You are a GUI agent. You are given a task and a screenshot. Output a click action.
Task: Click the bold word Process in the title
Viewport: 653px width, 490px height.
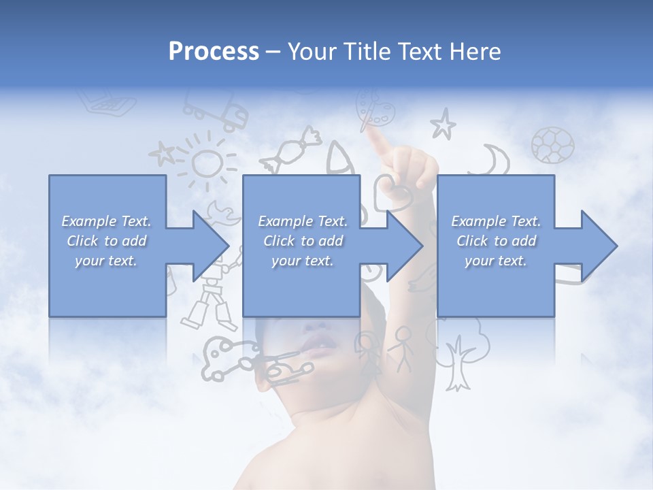click(x=214, y=51)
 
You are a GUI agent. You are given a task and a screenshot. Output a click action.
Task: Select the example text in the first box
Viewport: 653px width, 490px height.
click(x=107, y=241)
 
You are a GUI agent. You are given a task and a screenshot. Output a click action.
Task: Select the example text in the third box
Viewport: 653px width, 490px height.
click(x=496, y=241)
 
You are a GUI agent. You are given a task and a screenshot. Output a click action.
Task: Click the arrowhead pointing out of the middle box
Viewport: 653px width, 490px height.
click(x=403, y=246)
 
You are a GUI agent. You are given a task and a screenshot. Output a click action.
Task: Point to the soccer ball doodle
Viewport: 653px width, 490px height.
click(x=552, y=144)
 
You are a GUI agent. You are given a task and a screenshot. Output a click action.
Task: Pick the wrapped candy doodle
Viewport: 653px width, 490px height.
click(x=293, y=149)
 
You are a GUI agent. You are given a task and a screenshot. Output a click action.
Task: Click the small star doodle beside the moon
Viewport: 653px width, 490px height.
click(x=443, y=124)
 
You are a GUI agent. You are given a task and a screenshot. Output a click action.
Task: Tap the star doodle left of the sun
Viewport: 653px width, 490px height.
click(x=163, y=153)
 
